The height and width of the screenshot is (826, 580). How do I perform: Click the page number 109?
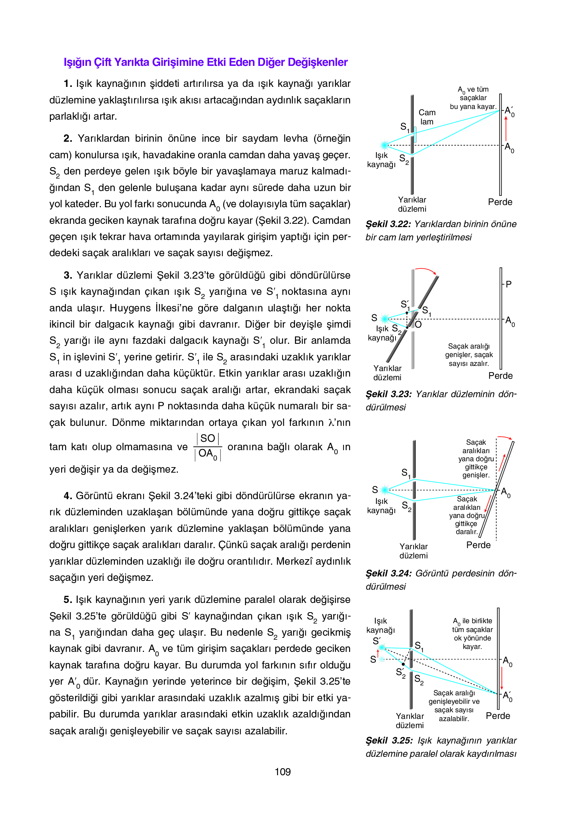[282, 772]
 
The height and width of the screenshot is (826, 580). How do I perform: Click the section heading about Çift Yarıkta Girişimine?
[205, 62]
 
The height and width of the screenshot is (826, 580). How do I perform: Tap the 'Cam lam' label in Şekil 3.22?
[427, 117]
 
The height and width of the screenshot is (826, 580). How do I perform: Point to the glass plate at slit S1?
[415, 135]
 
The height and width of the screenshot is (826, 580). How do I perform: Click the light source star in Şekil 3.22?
[384, 145]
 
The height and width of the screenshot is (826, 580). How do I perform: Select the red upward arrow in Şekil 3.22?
[506, 128]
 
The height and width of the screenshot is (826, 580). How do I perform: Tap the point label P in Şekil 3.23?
[509, 284]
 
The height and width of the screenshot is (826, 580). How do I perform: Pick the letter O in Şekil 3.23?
[418, 325]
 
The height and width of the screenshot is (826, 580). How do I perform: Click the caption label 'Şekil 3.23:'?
[388, 394]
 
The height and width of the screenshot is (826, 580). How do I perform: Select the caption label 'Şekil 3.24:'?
[388, 573]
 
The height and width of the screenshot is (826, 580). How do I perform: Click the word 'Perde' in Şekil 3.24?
[478, 545]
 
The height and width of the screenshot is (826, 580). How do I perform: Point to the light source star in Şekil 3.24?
[385, 490]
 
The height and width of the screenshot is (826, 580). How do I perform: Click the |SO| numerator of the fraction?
[208, 438]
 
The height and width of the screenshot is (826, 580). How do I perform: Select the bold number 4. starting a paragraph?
[68, 496]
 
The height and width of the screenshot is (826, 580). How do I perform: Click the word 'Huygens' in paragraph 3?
[129, 308]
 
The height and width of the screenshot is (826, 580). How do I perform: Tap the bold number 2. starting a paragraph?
[68, 138]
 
